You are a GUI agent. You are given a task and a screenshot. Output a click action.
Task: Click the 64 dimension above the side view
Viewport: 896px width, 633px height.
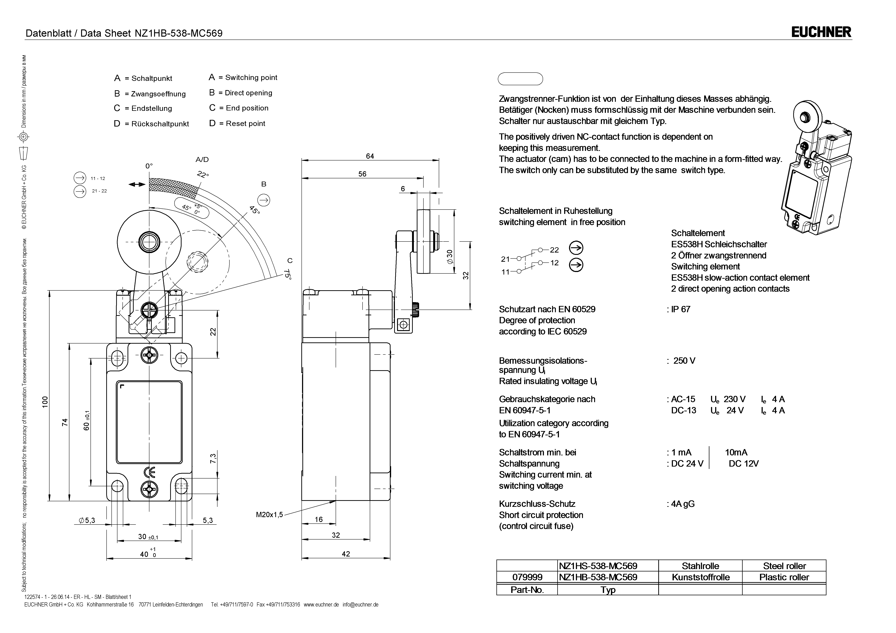[x=370, y=156]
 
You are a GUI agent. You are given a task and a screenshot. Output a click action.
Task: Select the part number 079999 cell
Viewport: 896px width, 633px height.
[x=527, y=577]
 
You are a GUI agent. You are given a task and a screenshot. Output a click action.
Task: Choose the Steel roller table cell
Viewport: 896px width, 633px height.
[x=784, y=566]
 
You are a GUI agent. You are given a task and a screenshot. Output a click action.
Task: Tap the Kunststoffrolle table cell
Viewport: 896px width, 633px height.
[x=701, y=577]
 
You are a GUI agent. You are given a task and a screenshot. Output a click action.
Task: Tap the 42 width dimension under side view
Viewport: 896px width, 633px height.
[x=346, y=554]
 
